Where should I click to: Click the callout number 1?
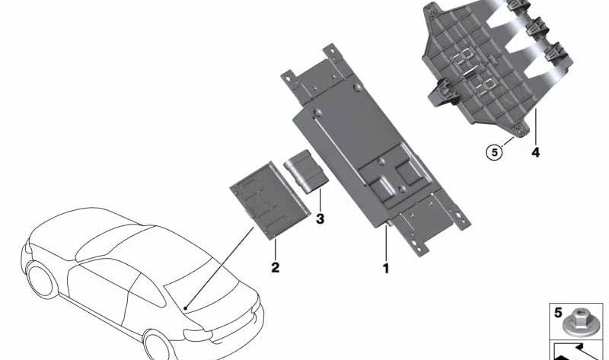click(x=386, y=268)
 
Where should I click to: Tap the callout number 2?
click(x=276, y=267)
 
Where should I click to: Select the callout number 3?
click(x=320, y=219)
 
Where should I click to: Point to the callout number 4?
click(x=536, y=152)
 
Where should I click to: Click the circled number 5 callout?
click(x=494, y=152)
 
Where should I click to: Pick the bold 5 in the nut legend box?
click(x=558, y=313)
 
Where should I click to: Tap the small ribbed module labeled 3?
click(x=306, y=171)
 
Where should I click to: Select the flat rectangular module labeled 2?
click(x=270, y=200)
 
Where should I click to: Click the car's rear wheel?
click(x=158, y=346)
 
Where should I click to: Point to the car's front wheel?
click(x=40, y=279)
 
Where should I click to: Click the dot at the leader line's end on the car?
click(x=186, y=308)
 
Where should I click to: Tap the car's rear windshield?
click(x=201, y=288)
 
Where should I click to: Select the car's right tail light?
click(x=198, y=335)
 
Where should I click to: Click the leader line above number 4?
click(x=536, y=127)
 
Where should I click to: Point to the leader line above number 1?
click(x=386, y=243)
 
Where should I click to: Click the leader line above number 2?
click(x=276, y=250)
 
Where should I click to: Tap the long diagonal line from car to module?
click(x=219, y=268)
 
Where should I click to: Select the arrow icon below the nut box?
click(x=578, y=352)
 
